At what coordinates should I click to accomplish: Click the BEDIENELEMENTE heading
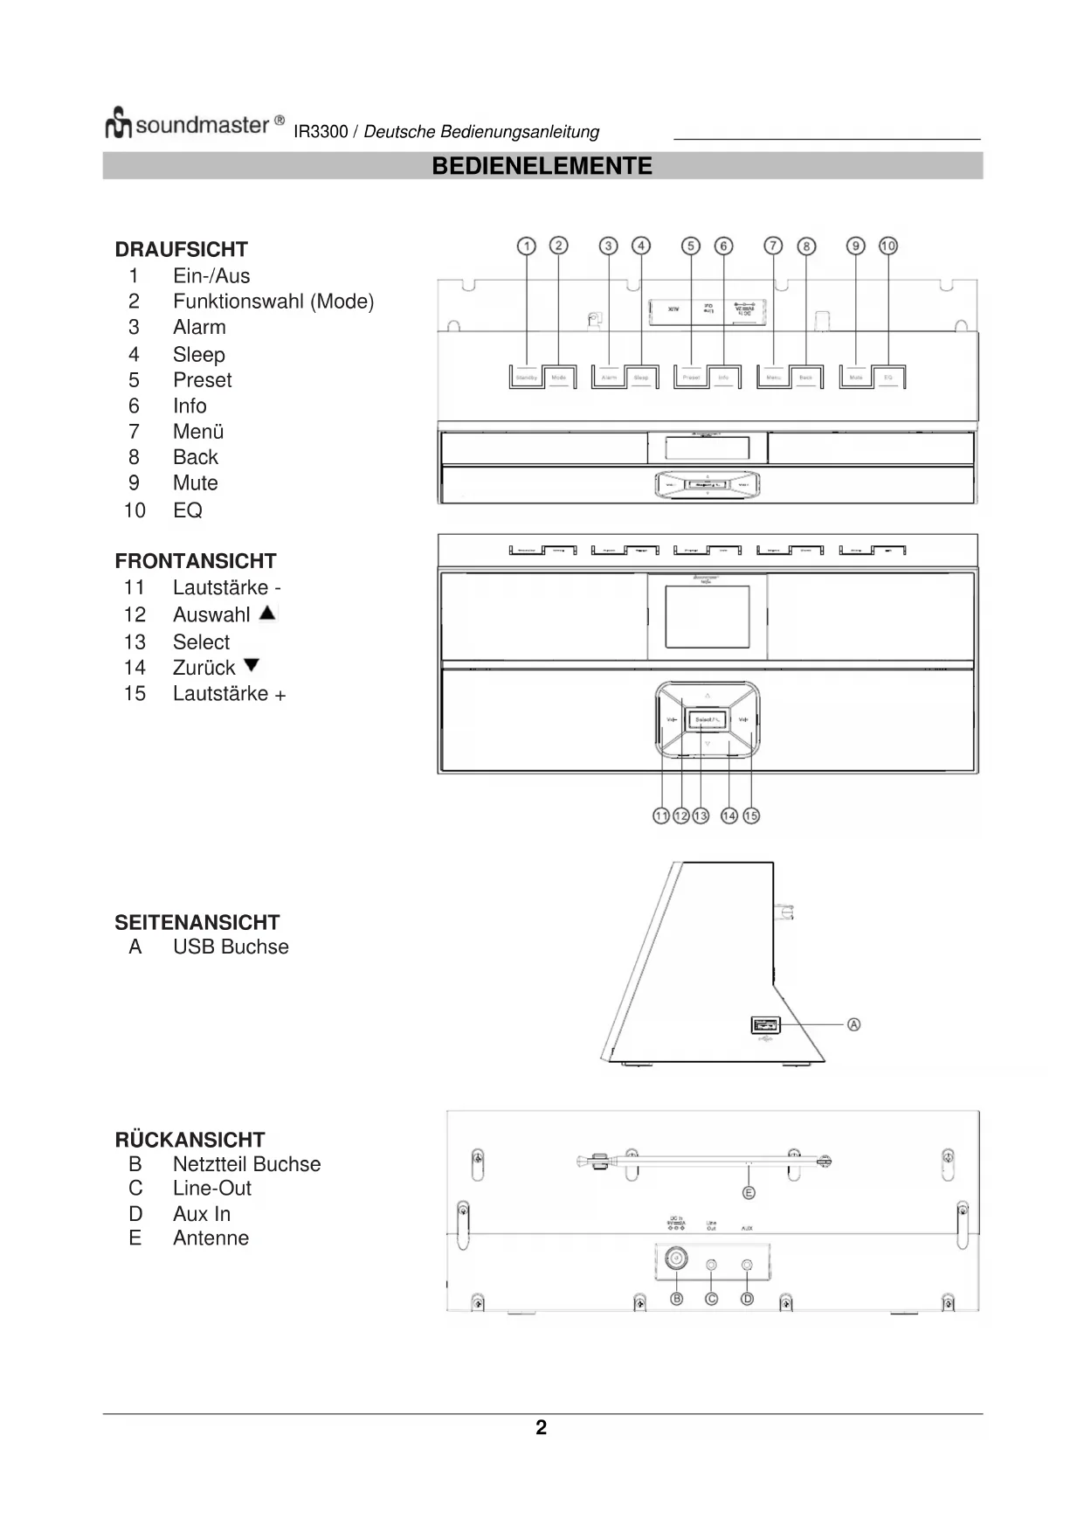[x=542, y=166]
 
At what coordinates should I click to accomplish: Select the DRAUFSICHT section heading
[x=181, y=249]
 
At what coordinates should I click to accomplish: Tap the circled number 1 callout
[x=526, y=246]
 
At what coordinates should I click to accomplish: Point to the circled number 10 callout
[x=888, y=246]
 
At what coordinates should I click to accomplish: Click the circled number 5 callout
[x=691, y=246]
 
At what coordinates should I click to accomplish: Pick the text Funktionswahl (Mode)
[x=273, y=302]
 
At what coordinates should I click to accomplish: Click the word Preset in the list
[x=202, y=380]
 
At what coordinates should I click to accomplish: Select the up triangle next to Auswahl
[x=267, y=613]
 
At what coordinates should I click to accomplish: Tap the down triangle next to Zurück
[x=252, y=665]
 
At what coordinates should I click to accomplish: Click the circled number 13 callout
[x=701, y=815]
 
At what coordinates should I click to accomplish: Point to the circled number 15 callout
[x=751, y=815]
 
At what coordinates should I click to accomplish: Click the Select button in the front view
[x=707, y=719]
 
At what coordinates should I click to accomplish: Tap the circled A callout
[x=853, y=1024]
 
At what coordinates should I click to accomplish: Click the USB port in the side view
[x=765, y=1024]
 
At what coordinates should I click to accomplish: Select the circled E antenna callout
[x=749, y=1192]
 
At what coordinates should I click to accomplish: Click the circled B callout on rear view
[x=676, y=1299]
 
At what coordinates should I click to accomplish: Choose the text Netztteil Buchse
[x=246, y=1164]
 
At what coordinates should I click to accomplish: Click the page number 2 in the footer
[x=542, y=1427]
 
